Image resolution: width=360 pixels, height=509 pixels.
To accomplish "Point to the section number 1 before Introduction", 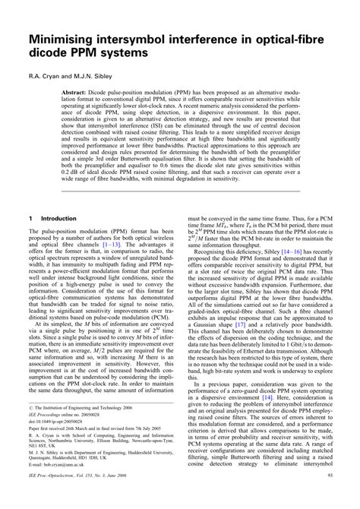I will tap(29, 217).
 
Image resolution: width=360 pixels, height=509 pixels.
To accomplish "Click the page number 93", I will tap(327, 497).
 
